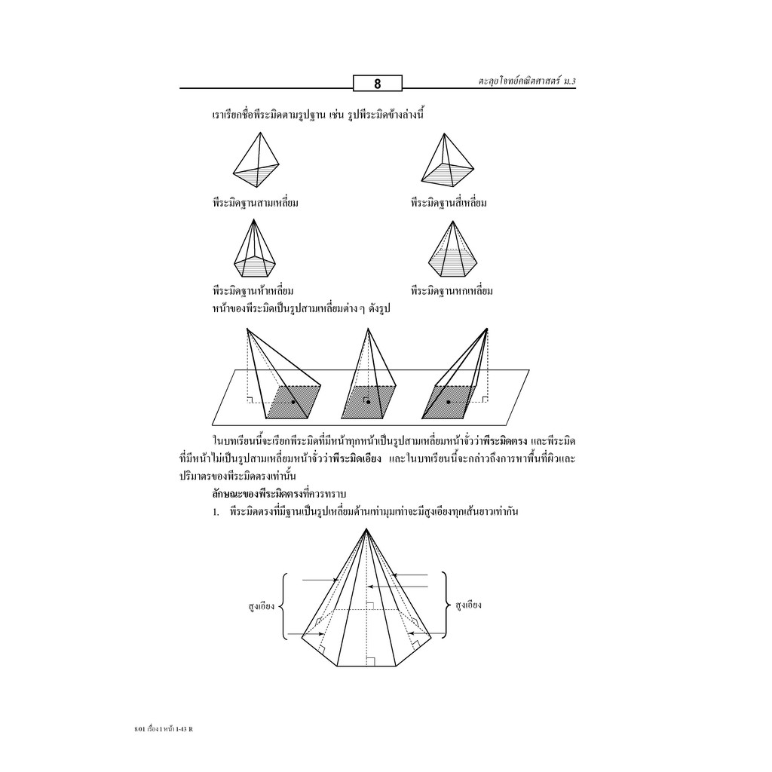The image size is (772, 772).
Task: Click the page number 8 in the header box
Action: [x=378, y=84]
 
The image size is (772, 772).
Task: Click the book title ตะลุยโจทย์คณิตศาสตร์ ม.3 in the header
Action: [x=527, y=81]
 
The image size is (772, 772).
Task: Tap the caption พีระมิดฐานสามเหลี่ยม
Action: [x=256, y=202]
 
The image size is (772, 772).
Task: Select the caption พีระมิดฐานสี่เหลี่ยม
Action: [x=449, y=202]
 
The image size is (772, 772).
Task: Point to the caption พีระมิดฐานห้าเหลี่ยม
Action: [x=253, y=290]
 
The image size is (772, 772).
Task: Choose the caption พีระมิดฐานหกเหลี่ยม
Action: [x=452, y=290]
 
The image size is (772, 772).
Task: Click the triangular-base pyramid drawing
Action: [x=256, y=160]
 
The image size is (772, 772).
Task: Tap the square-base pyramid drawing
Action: [x=448, y=160]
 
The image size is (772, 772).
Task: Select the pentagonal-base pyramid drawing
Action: [x=254, y=248]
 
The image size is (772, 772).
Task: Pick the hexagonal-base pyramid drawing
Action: [x=452, y=249]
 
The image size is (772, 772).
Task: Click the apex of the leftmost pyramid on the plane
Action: [x=247, y=329]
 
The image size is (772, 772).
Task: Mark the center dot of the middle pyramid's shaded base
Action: [x=368, y=403]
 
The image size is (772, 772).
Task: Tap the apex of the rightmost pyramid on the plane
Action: [x=487, y=329]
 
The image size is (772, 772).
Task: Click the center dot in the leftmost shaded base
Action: [x=293, y=403]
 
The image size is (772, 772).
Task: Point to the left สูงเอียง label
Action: [x=262, y=605]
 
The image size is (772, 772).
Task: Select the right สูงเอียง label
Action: [x=468, y=605]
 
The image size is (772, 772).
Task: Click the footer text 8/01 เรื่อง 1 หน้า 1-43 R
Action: [x=160, y=729]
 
